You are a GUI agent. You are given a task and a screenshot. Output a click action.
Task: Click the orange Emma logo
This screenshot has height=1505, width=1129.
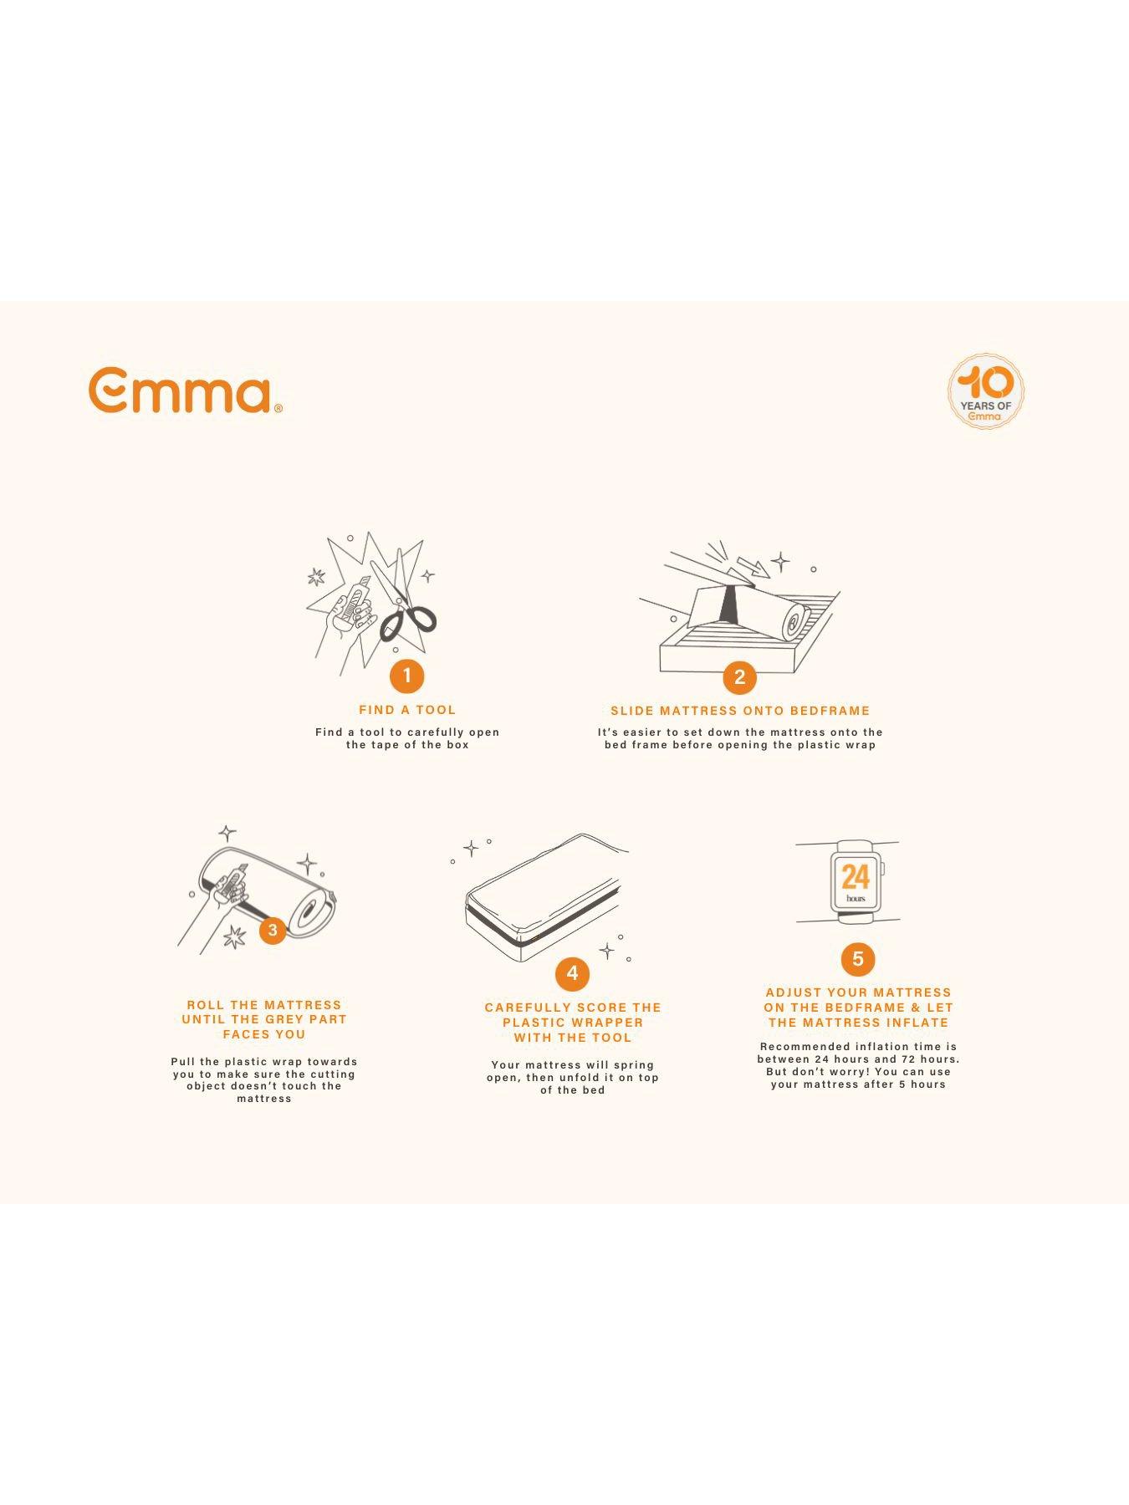(185, 390)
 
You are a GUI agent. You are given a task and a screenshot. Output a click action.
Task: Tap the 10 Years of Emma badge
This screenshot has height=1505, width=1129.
(986, 391)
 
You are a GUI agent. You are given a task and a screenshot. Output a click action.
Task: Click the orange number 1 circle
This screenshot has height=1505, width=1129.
(407, 676)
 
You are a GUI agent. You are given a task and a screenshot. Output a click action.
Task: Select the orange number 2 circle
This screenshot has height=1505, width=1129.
(739, 676)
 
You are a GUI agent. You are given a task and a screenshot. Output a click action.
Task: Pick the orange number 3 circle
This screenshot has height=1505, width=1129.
(273, 930)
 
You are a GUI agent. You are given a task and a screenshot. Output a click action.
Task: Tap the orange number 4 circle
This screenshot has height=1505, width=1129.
(572, 973)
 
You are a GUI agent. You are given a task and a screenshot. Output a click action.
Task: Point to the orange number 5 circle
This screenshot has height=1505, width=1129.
(857, 959)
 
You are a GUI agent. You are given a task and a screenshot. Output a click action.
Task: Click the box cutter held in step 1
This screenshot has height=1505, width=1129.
(356, 602)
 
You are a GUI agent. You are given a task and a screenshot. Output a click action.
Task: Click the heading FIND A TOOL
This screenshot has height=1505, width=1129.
(407, 710)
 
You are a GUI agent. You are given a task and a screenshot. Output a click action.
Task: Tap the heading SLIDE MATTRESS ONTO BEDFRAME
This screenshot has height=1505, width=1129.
(740, 711)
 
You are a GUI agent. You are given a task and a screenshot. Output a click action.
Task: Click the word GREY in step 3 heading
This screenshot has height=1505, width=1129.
(284, 1019)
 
